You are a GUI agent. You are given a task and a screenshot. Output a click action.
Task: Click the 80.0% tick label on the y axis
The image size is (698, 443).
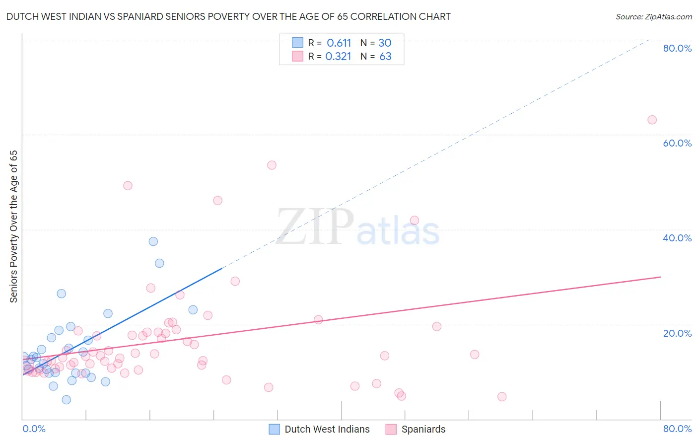677,48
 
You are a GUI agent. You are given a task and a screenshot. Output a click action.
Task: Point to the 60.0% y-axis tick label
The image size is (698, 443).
677,143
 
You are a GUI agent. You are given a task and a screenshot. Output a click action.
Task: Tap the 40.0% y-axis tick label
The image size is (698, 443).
677,238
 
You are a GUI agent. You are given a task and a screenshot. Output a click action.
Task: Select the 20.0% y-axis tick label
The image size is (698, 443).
677,333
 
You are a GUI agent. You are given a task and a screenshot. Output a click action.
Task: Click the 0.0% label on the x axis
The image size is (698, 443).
34,429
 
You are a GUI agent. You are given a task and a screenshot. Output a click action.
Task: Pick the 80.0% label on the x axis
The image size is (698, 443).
677,429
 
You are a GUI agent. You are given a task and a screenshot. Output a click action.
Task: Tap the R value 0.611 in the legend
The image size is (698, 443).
339,43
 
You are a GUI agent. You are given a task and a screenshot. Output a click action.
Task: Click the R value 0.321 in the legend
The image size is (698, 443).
338,57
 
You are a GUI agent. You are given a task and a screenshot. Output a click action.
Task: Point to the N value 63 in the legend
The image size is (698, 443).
385,57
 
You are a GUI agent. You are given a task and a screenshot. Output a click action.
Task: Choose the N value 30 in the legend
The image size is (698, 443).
385,43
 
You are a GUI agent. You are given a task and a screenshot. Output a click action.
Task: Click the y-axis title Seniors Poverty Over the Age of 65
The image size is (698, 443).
13,226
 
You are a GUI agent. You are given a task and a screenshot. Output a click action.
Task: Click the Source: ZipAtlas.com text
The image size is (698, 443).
653,17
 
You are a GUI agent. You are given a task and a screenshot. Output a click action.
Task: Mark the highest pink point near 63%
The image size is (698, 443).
652,120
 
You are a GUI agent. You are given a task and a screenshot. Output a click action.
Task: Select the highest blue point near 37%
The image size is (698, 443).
153,241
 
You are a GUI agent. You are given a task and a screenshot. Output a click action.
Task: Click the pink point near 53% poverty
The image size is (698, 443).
272,165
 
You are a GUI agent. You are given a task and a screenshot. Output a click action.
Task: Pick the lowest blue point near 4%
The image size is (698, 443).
66,400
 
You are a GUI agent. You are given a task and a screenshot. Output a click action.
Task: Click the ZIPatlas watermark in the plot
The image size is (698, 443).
357,228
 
